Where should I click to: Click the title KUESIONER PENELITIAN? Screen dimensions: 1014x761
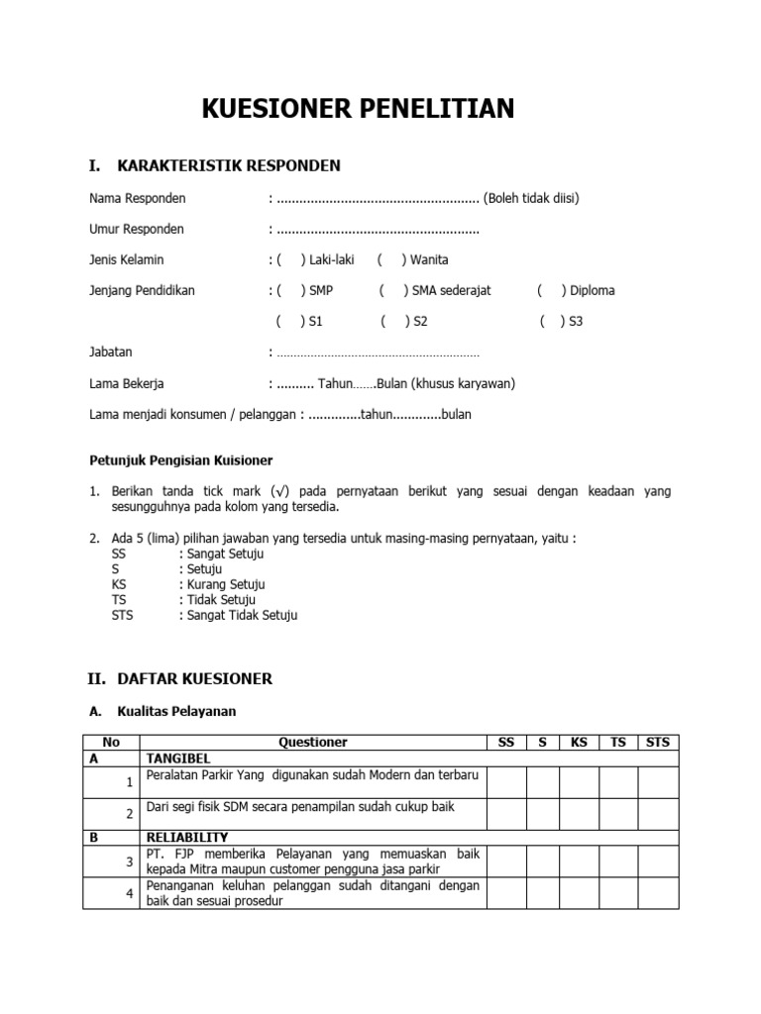point(358,109)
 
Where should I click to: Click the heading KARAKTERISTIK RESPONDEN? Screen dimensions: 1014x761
point(229,164)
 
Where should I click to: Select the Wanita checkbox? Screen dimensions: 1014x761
point(390,260)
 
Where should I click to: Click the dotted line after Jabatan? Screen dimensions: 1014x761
point(377,354)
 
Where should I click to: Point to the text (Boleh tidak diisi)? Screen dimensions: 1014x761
point(531,198)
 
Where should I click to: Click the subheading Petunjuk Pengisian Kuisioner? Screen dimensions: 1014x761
point(181,460)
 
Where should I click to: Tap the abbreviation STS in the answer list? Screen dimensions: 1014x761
point(124,615)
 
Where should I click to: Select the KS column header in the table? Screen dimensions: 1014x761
point(579,742)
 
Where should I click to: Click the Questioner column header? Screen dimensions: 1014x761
point(313,742)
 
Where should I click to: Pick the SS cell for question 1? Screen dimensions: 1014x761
point(505,781)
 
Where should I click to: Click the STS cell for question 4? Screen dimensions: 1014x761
point(657,893)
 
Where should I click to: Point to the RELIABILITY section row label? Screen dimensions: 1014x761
point(187,837)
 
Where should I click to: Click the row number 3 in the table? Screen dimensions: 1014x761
point(130,862)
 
